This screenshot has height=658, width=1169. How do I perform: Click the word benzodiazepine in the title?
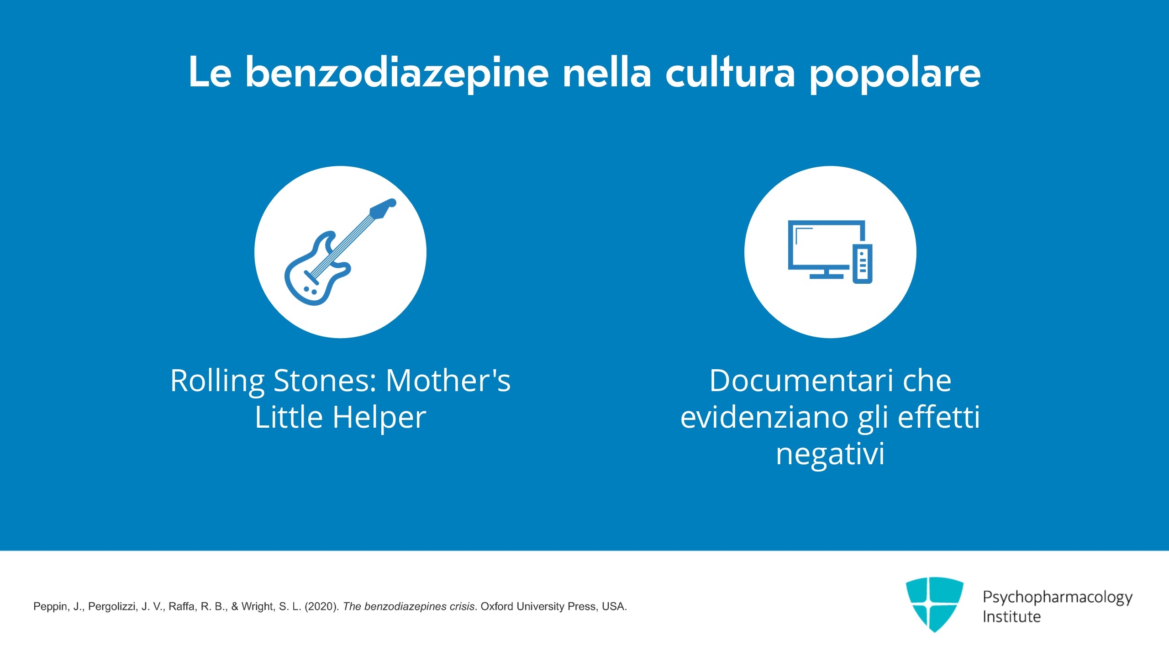[397, 74]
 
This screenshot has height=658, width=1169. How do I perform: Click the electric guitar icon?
[340, 252]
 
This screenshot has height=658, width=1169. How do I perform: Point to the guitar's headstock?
[383, 208]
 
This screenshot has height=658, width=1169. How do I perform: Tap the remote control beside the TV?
[863, 264]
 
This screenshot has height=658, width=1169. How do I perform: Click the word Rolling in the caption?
[217, 382]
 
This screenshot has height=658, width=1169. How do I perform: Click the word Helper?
[379, 419]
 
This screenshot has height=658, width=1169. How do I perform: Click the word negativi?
[830, 455]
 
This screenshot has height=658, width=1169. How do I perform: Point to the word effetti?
[939, 417]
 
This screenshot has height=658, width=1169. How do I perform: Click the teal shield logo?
[934, 604]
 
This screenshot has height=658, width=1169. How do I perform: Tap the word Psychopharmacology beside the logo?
[1058, 598]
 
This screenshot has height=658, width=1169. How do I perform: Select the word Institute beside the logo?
[1011, 617]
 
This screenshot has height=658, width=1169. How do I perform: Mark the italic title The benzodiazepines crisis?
[409, 606]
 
